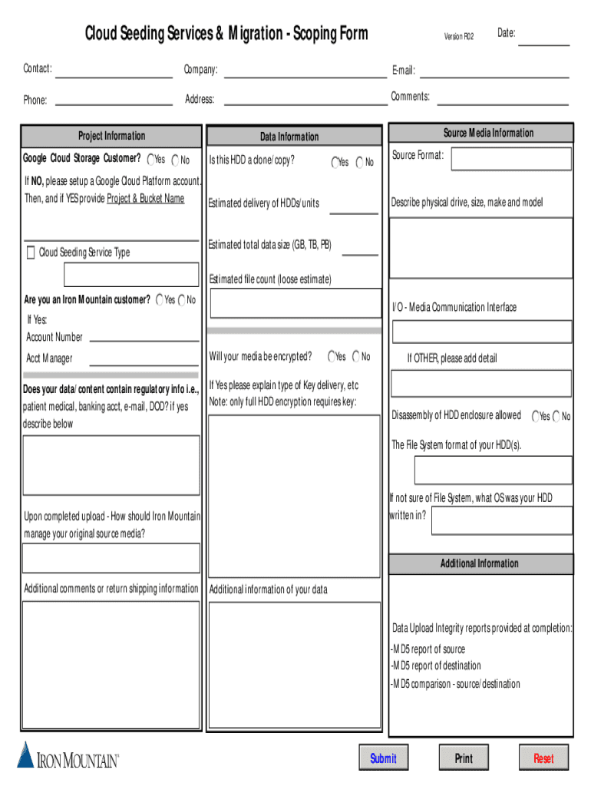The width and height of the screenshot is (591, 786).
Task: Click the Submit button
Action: [x=383, y=758]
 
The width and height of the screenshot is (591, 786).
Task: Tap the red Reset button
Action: [x=543, y=758]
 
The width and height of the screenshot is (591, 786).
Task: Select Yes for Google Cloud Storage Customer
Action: [x=151, y=160]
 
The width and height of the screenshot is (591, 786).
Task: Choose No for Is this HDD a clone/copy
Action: [x=359, y=162]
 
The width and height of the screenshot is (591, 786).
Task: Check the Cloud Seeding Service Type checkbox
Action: [x=31, y=253]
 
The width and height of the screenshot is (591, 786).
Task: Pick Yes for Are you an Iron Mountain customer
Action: [x=160, y=300]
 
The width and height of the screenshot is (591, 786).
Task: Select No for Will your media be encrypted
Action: [x=356, y=357]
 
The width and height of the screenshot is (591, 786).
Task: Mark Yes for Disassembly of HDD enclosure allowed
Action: [x=536, y=416]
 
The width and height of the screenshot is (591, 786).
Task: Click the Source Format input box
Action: [x=511, y=159]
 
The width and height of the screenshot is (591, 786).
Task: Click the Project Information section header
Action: [x=111, y=137]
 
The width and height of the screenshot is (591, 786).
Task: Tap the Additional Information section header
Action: [x=480, y=564]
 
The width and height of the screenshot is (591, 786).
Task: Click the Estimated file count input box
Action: [x=294, y=303]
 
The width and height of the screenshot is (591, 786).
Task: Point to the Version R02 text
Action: [x=459, y=36]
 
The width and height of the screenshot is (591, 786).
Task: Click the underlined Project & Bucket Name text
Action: [x=146, y=199]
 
